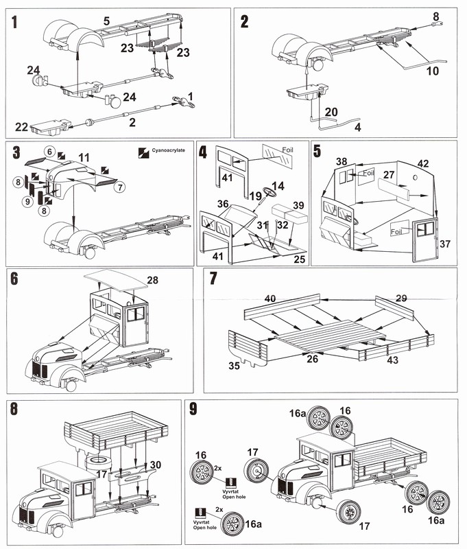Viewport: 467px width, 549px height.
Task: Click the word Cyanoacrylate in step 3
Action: [x=168, y=151]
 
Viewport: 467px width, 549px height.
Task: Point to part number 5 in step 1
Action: [x=107, y=22]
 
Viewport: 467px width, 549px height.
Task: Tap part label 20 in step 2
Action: [x=331, y=112]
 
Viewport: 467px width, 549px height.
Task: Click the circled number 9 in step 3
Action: [x=27, y=202]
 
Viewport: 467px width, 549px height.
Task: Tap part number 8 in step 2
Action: [x=435, y=14]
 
